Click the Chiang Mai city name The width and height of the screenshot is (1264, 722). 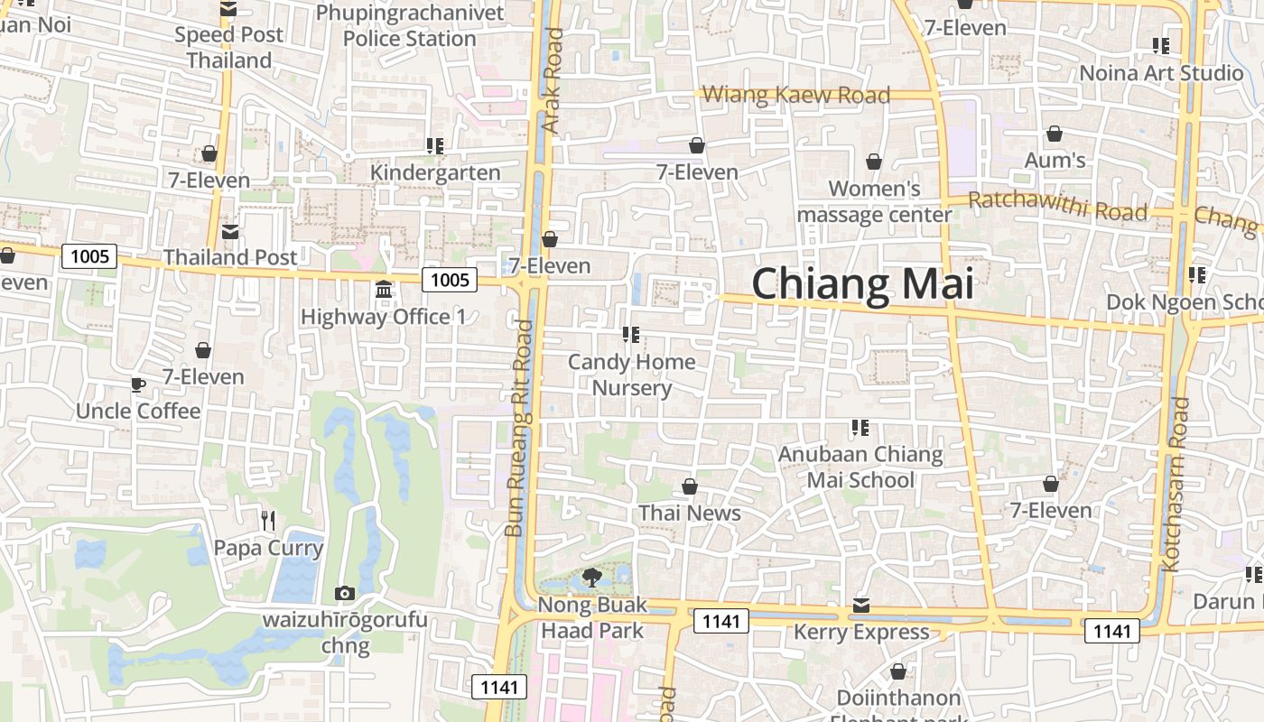coord(862,284)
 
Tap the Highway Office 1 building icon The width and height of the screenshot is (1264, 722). coord(384,291)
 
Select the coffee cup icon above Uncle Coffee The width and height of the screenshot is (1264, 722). coord(138,385)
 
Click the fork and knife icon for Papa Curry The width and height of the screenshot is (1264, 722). coord(267,521)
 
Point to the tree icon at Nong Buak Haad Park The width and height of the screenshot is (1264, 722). coord(592,577)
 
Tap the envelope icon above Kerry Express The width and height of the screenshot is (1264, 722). coord(861,606)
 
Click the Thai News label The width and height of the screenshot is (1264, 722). coord(690,513)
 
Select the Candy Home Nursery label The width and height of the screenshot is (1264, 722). coord(632,375)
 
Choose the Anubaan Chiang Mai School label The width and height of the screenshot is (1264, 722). coord(860,467)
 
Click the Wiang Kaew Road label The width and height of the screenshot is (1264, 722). coord(795,95)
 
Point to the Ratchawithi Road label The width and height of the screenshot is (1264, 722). coord(1056,207)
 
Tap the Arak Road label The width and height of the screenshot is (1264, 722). coord(553,81)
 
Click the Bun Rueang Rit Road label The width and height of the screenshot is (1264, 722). coord(519,429)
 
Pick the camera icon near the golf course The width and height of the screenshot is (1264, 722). coord(344,593)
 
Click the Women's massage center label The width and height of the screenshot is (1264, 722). coord(874,201)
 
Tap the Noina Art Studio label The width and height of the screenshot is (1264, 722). coord(1161,72)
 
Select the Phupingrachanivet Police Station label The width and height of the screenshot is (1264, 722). coord(409,25)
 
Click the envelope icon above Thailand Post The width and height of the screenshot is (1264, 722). coord(230,232)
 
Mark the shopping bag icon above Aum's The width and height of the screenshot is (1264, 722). coord(1054,134)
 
